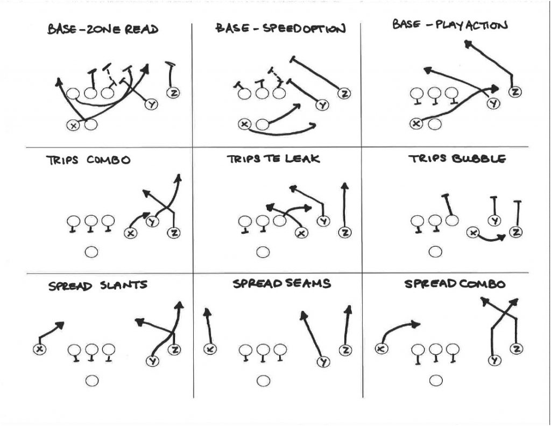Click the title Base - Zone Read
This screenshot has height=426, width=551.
pyautogui.click(x=103, y=29)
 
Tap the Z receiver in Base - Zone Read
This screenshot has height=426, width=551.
pyautogui.click(x=173, y=93)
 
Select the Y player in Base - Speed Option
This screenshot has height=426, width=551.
pyautogui.click(x=322, y=106)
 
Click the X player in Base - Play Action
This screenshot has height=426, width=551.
pyautogui.click(x=416, y=123)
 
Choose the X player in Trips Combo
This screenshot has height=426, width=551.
pyautogui.click(x=129, y=233)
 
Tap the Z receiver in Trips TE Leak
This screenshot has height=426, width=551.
pyautogui.click(x=344, y=233)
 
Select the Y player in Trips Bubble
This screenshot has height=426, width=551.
pyautogui.click(x=493, y=220)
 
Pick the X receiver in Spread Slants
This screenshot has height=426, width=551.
pyautogui.click(x=39, y=349)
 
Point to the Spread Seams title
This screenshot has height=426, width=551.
pyautogui.click(x=281, y=284)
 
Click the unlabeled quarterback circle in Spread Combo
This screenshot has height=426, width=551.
pyautogui.click(x=436, y=381)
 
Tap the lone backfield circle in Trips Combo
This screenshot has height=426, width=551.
pyautogui.click(x=91, y=252)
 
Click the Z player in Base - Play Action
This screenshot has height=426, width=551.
pyautogui.click(x=515, y=92)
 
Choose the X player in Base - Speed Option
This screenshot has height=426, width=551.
pyautogui.click(x=245, y=124)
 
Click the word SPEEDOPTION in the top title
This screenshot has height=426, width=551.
pyautogui.click(x=304, y=29)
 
